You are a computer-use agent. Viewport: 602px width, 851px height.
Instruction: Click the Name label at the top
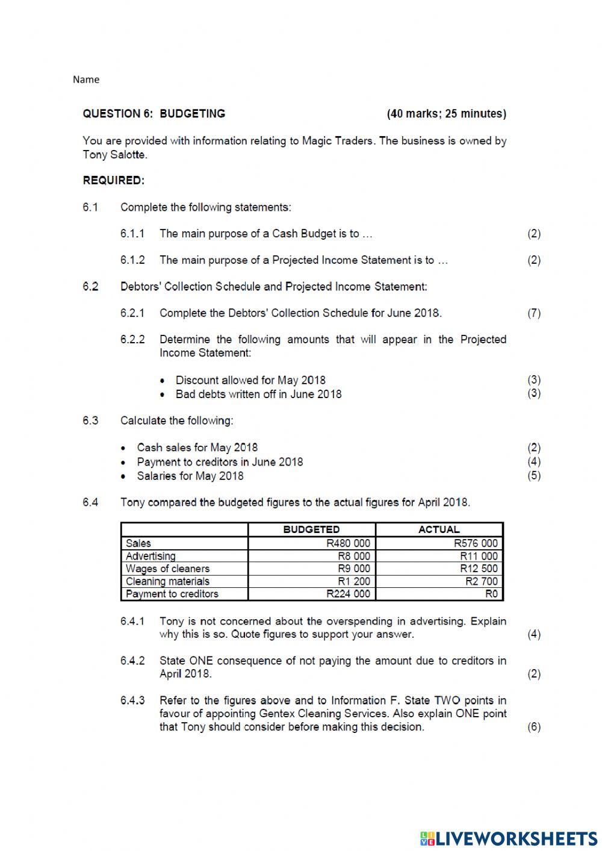[x=86, y=79]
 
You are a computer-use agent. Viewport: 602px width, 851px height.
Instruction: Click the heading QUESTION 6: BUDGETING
[x=154, y=114]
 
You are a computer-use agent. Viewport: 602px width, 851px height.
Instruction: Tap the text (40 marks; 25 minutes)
[x=446, y=114]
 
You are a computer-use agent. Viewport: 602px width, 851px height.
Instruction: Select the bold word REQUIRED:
[x=114, y=180]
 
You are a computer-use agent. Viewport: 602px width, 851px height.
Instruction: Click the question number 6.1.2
[x=132, y=260]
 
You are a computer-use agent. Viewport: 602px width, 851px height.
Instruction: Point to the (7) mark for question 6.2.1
[x=534, y=313]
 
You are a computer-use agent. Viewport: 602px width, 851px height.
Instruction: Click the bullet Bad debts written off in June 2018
[x=258, y=394]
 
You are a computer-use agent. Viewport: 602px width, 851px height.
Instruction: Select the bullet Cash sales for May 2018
[x=197, y=447]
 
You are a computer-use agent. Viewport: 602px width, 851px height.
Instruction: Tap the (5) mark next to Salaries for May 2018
[x=534, y=475]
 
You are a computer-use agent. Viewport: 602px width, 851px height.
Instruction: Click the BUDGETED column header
[x=311, y=529]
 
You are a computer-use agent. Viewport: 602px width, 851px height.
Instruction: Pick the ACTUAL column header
[x=439, y=529]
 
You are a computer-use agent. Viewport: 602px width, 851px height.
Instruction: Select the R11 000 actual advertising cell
[x=479, y=556]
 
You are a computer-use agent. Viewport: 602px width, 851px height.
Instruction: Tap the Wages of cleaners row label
[x=168, y=569]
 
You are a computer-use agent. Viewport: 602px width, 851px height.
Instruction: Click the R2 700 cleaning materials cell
[x=482, y=581]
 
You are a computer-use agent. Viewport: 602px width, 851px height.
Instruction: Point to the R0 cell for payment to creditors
[x=491, y=594]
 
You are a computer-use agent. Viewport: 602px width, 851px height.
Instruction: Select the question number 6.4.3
[x=132, y=700]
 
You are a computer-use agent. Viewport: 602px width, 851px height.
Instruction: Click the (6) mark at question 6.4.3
[x=534, y=727]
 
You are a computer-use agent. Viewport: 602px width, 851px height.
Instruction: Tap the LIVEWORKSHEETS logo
[x=509, y=838]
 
